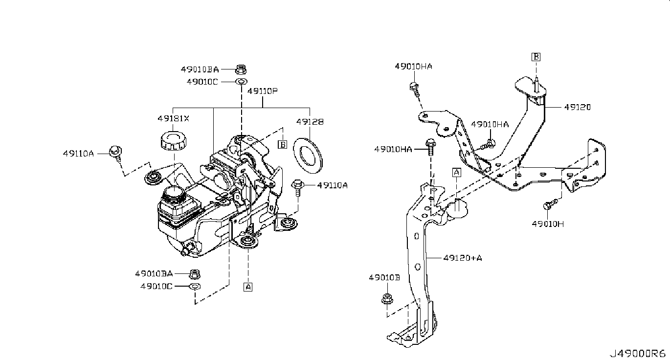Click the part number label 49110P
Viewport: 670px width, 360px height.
262,91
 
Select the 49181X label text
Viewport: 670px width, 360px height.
174,118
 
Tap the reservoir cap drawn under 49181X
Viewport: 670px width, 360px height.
174,141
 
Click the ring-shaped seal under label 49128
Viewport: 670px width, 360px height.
308,156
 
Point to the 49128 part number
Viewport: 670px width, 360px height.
310,122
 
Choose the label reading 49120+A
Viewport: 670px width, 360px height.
463,258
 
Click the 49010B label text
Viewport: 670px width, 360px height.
384,278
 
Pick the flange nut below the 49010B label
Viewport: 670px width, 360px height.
387,299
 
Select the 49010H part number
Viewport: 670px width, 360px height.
548,224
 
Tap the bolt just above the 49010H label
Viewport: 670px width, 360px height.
550,204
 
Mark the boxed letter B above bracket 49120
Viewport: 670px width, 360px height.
536,57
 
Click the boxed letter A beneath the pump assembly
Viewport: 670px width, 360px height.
248,287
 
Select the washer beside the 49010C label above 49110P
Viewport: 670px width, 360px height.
241,81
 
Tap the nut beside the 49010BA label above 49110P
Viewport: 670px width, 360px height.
241,69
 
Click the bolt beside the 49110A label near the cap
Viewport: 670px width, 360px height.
116,153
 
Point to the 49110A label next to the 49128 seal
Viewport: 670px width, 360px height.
332,185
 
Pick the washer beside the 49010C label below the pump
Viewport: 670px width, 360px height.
195,286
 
